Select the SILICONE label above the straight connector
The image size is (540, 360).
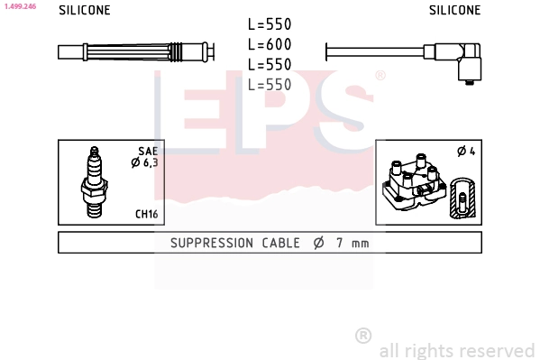[x=85, y=11]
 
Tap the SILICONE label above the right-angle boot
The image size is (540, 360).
[x=454, y=11]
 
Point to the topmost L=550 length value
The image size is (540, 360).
[x=270, y=25]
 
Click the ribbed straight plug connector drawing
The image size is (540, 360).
[x=135, y=51]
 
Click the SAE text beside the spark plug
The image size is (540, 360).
[x=148, y=152]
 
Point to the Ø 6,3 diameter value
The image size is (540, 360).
[x=145, y=163]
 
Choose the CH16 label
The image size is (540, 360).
[x=147, y=214]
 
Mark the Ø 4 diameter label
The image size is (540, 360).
[x=466, y=152]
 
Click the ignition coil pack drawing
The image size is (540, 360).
[x=413, y=185]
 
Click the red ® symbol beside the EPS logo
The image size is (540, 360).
[x=380, y=77]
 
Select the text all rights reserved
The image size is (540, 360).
[x=456, y=350]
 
